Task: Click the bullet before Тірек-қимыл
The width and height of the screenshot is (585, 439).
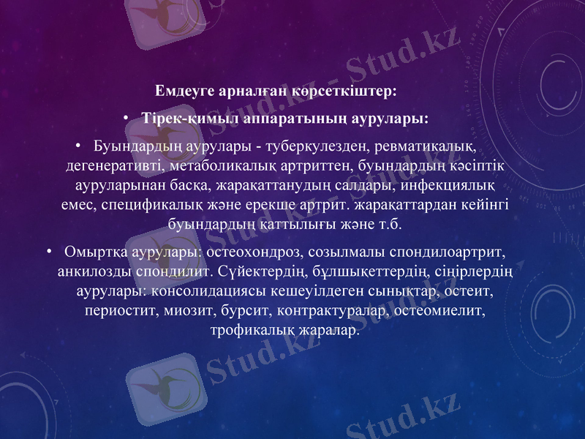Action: coord(126,118)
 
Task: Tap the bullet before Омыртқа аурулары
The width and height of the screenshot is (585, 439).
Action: coord(49,252)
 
